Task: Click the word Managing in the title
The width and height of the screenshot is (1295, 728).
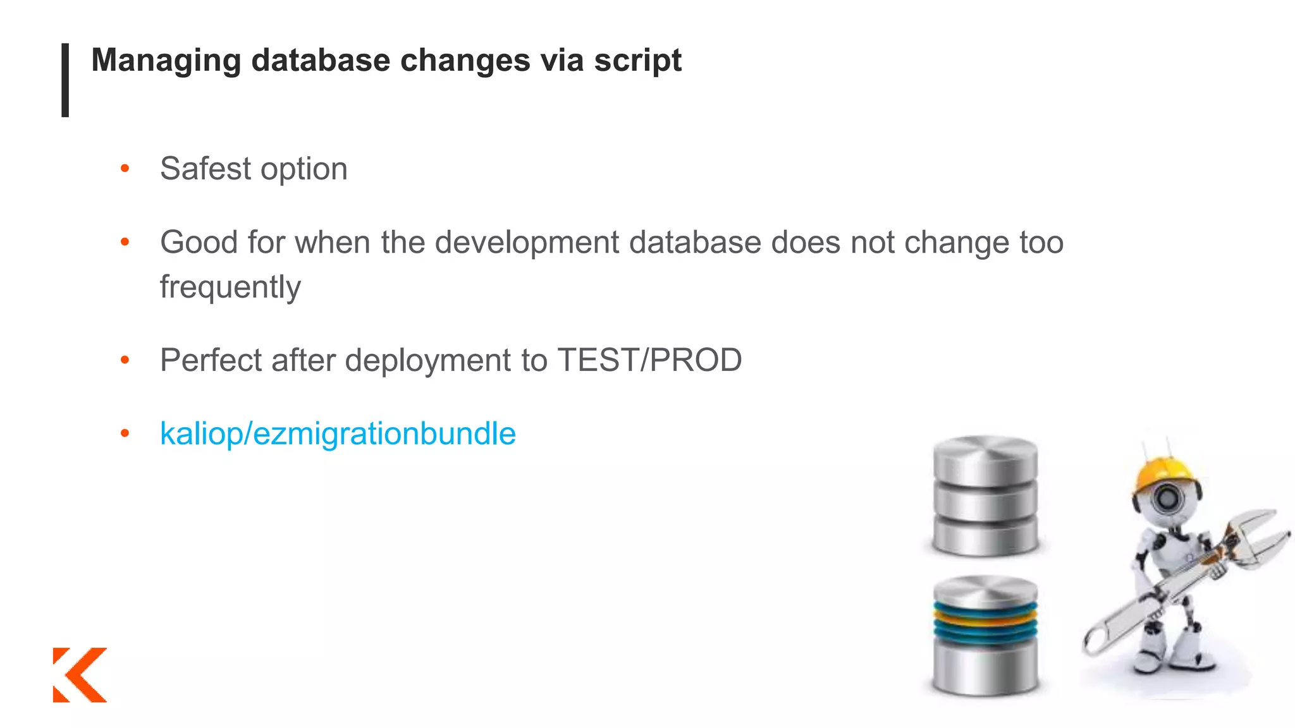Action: pos(166,61)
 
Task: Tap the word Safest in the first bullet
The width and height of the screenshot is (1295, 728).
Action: pos(206,169)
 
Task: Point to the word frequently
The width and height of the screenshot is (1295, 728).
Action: pos(230,288)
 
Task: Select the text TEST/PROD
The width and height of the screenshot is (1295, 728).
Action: pos(649,360)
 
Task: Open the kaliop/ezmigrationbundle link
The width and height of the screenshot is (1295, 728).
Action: pos(338,434)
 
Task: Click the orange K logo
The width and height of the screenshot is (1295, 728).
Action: pos(80,674)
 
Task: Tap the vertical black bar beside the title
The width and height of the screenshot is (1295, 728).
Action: pos(65,80)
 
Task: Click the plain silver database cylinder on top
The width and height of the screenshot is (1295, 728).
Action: pos(985,496)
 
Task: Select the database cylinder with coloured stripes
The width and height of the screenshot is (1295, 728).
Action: pos(985,635)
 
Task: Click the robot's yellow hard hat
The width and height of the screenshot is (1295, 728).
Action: pos(1167,471)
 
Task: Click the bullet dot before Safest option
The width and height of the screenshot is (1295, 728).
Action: pos(125,169)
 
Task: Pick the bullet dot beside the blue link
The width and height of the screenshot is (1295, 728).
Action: pos(125,434)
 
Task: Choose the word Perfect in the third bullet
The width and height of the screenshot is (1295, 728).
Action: pos(211,360)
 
